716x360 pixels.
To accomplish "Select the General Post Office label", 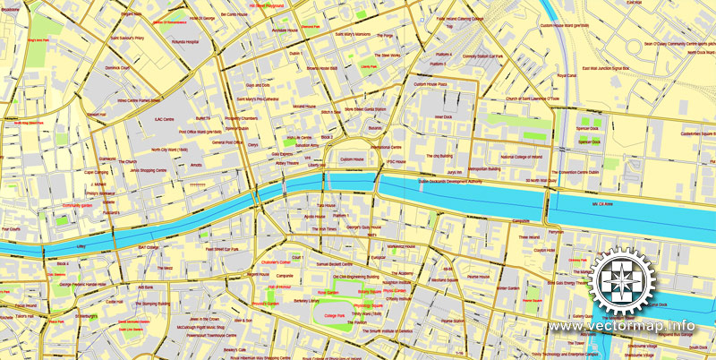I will pyautogui.click(x=229, y=142).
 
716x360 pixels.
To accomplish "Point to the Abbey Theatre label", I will pyautogui.click(x=286, y=164).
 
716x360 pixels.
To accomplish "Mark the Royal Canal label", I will pyautogui.click(x=567, y=76).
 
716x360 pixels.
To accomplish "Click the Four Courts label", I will pyautogui.click(x=11, y=228).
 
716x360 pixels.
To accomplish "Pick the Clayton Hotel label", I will pyautogui.click(x=544, y=251).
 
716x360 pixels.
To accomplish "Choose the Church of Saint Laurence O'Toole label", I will pyautogui.click(x=540, y=99).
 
